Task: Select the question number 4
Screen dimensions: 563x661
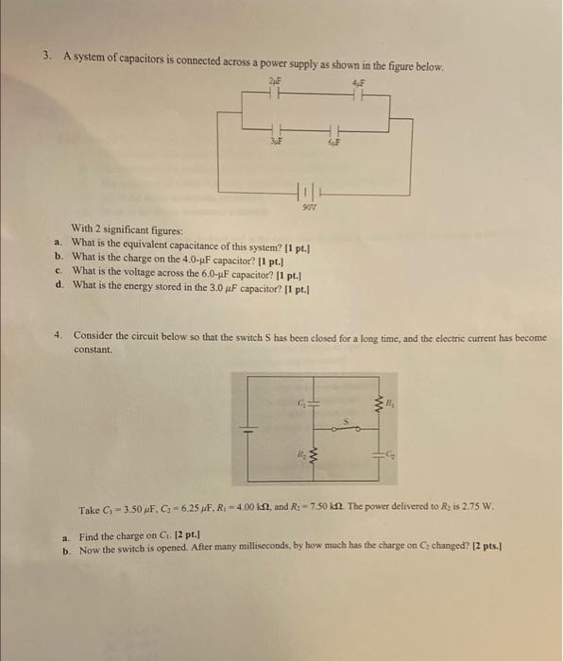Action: pyautogui.click(x=59, y=334)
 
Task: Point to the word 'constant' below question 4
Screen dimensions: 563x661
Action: pyautogui.click(x=93, y=348)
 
